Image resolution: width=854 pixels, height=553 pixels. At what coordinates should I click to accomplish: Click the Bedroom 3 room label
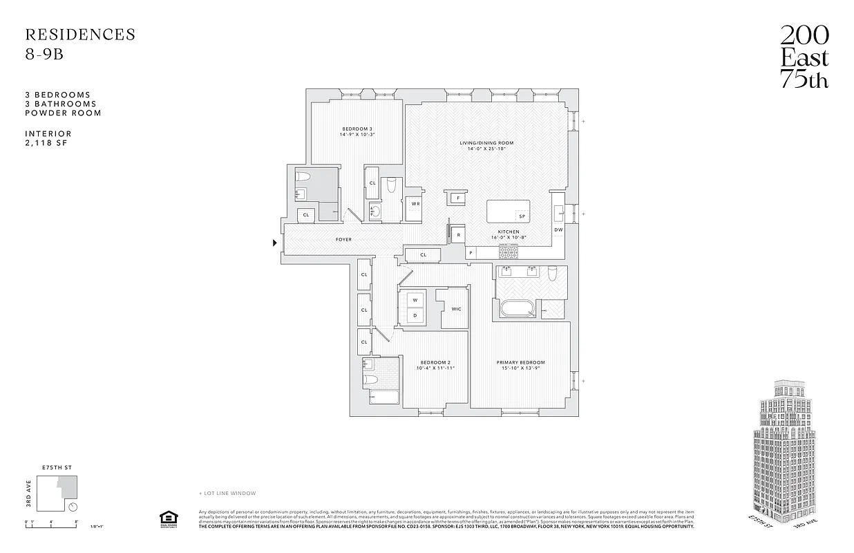[x=357, y=129]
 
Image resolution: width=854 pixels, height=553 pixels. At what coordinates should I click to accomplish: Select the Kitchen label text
[x=509, y=232]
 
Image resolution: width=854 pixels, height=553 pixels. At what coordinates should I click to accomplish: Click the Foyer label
[x=343, y=240]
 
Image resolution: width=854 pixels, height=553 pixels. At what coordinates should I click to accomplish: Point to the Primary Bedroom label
[x=520, y=362]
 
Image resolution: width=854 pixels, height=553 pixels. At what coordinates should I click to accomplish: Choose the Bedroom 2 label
[x=435, y=362]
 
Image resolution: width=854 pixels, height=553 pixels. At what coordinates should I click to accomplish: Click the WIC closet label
[x=456, y=309]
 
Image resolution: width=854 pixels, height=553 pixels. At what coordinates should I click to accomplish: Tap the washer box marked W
[x=415, y=300]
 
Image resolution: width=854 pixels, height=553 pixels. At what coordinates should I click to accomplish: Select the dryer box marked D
[x=415, y=316]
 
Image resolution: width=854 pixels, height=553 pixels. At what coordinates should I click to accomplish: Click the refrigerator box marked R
[x=459, y=235]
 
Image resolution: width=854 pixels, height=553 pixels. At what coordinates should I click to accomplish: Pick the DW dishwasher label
[x=558, y=229]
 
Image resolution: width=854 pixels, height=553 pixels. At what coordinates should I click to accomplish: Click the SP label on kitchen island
[x=522, y=216]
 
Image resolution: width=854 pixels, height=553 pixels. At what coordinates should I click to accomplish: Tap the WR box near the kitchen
[x=416, y=204]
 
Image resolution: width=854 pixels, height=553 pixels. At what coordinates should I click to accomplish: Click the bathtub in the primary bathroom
[x=518, y=308]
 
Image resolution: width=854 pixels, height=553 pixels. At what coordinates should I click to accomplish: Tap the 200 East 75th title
[x=804, y=57]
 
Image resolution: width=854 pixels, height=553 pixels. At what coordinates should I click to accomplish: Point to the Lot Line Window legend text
[x=227, y=493]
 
